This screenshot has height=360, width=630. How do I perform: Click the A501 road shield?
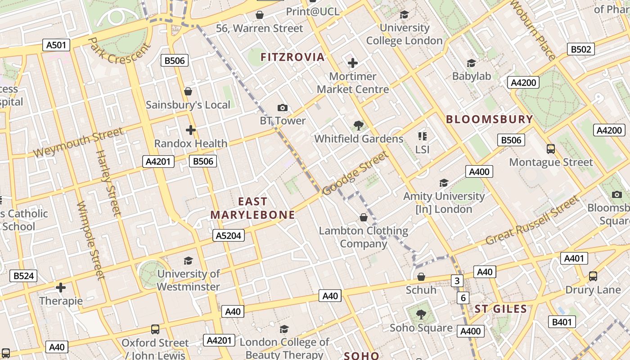[x=57, y=45]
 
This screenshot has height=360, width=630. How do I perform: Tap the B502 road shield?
[x=580, y=49]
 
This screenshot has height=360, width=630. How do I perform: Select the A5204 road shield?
[x=228, y=235]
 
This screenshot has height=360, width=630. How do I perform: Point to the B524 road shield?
[x=23, y=276]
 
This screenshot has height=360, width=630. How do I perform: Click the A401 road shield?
[x=574, y=258]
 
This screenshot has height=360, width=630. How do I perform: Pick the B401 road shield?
[x=562, y=322]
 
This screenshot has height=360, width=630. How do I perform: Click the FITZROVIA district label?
[x=292, y=57]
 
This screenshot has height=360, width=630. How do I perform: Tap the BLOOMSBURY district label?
[x=489, y=120]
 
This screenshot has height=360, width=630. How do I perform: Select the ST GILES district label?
[x=500, y=309]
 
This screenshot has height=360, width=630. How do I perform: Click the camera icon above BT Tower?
[x=283, y=108]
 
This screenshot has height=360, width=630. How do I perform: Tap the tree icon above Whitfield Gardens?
[x=359, y=125]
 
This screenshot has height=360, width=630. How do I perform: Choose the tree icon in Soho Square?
[x=421, y=314]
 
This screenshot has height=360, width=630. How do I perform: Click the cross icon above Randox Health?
[x=191, y=130]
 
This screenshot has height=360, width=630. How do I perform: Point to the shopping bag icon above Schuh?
[x=421, y=276]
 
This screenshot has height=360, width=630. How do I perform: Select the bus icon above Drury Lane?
[x=593, y=276]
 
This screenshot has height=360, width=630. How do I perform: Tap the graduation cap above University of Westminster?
[x=188, y=261]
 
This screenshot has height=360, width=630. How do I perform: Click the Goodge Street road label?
[x=355, y=173]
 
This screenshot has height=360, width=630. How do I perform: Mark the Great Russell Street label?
[x=533, y=220]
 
